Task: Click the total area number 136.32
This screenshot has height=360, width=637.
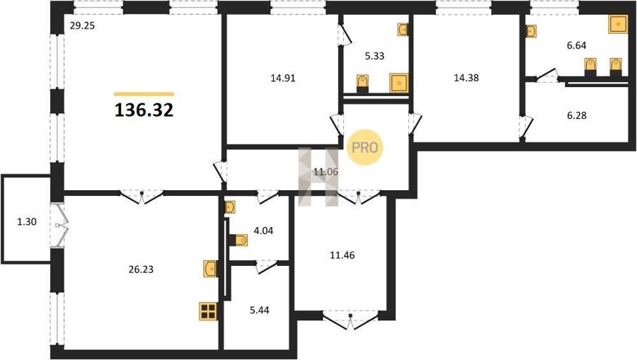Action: pyautogui.click(x=144, y=110)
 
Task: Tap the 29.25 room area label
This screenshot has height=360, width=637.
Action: pyautogui.click(x=82, y=26)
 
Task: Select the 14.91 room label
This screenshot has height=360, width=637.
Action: pyautogui.click(x=282, y=78)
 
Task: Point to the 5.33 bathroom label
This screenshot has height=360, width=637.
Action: pyautogui.click(x=374, y=56)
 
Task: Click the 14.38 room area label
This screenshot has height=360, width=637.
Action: pyautogui.click(x=466, y=78)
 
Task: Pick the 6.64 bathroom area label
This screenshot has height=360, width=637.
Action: pyautogui.click(x=576, y=45)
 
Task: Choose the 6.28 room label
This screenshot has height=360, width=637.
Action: pyautogui.click(x=577, y=116)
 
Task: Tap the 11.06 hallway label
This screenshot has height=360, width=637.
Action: pyautogui.click(x=326, y=172)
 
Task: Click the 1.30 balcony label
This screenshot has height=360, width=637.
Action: pyautogui.click(x=27, y=221)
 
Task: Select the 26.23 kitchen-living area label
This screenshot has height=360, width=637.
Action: pyautogui.click(x=141, y=269)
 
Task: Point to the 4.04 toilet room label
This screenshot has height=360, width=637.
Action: pyautogui.click(x=263, y=231)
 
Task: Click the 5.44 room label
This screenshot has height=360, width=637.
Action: pyautogui.click(x=259, y=310)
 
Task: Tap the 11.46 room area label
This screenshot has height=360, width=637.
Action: pyautogui.click(x=342, y=255)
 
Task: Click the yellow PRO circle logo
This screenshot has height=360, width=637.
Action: pyautogui.click(x=365, y=147)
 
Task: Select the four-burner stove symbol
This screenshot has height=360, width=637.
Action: pyautogui.click(x=208, y=311)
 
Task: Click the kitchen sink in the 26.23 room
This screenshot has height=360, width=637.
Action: pyautogui.click(x=210, y=269)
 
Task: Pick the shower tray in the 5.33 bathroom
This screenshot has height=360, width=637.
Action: pyautogui.click(x=399, y=83)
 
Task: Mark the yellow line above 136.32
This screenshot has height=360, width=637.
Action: pyautogui.click(x=144, y=94)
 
